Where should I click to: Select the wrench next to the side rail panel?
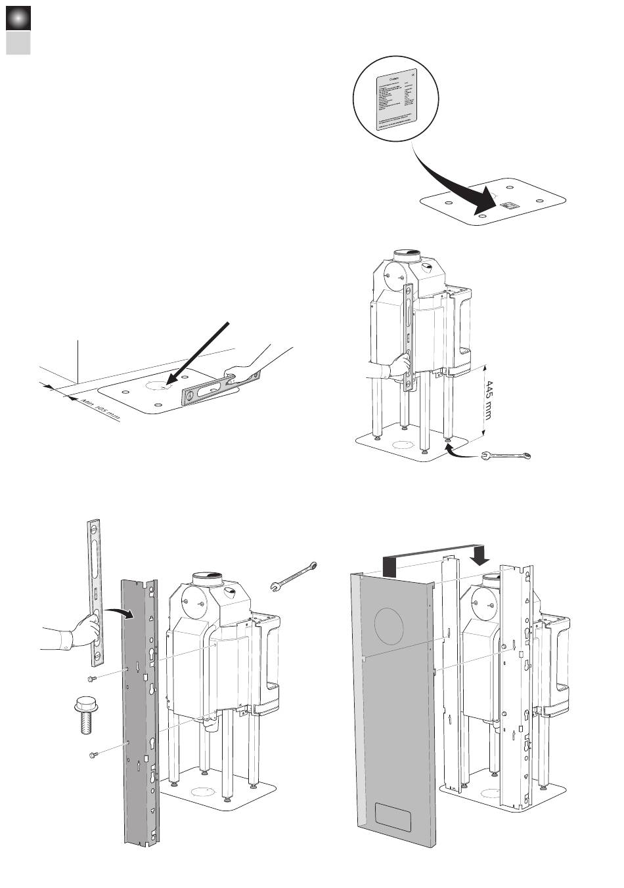(294, 576)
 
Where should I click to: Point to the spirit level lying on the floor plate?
(221, 389)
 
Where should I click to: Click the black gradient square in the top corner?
(18, 18)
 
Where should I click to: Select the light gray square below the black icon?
(18, 43)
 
